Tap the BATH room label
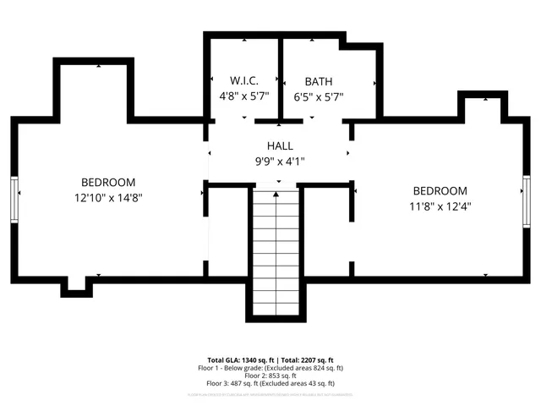click(318, 81)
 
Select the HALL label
click(279, 145)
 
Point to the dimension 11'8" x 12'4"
click(440, 206)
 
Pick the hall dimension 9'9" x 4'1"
click(279, 161)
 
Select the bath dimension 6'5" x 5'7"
click(318, 96)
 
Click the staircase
click(276, 254)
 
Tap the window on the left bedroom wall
click(14, 200)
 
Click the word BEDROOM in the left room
click(108, 182)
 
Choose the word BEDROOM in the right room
click(440, 190)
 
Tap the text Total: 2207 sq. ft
click(306, 359)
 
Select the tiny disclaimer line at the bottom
click(270, 394)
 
